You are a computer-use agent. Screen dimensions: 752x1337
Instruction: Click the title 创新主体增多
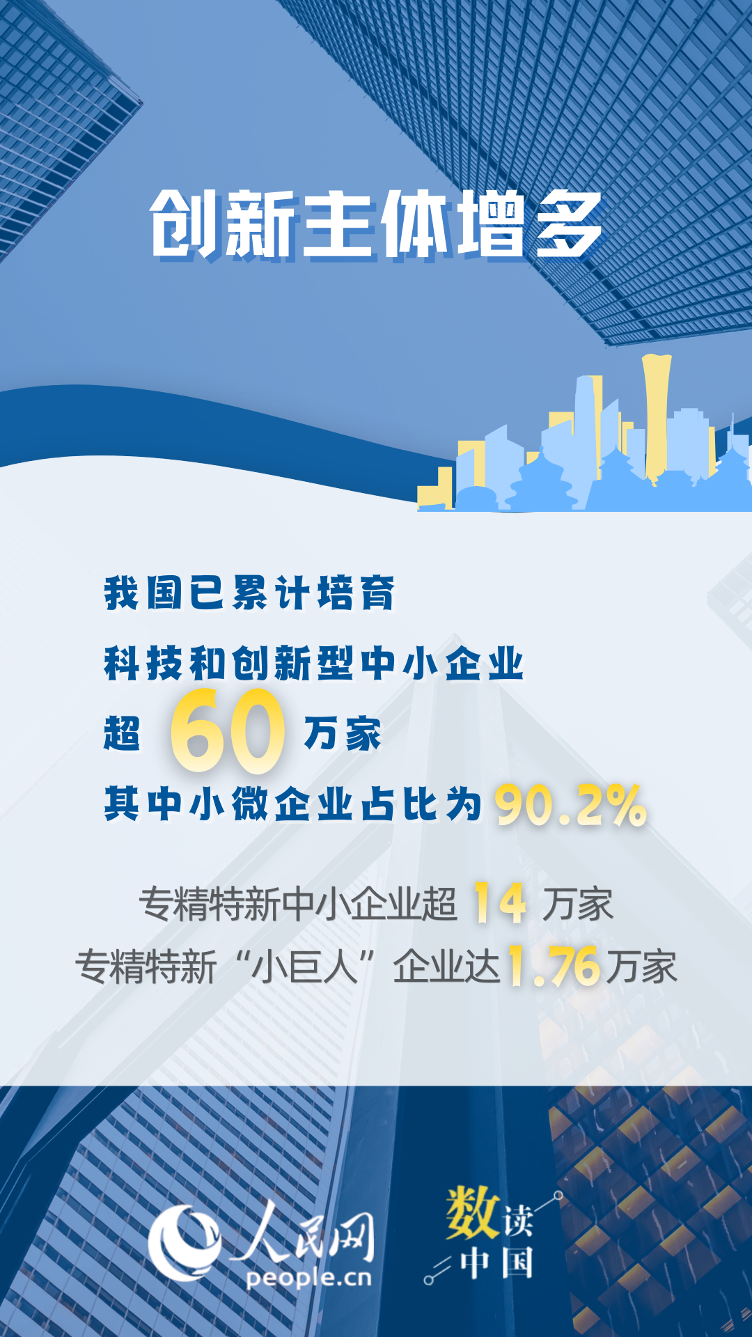point(377,224)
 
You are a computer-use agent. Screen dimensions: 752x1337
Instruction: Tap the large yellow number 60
point(228,731)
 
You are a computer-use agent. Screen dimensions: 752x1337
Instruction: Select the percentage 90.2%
point(571,806)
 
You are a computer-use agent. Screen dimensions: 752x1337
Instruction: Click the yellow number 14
point(499,903)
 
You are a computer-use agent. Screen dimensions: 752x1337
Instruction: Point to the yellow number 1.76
point(554,966)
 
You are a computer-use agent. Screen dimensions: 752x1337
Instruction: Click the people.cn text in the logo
point(309,1278)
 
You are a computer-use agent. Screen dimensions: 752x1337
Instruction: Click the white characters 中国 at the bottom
point(497,1262)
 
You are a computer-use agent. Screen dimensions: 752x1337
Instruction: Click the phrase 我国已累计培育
point(249,593)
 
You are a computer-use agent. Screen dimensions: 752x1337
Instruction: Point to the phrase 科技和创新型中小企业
point(313,663)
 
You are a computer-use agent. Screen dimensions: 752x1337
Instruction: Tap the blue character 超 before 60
point(122,733)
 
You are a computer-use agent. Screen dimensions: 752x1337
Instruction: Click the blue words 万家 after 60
point(343,733)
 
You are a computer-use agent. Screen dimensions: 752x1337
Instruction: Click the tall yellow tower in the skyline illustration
point(656,418)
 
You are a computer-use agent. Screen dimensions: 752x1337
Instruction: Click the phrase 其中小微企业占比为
point(293,804)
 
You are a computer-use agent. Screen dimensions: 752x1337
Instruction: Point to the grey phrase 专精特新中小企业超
point(298,904)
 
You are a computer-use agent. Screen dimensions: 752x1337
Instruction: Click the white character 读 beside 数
point(518,1220)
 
